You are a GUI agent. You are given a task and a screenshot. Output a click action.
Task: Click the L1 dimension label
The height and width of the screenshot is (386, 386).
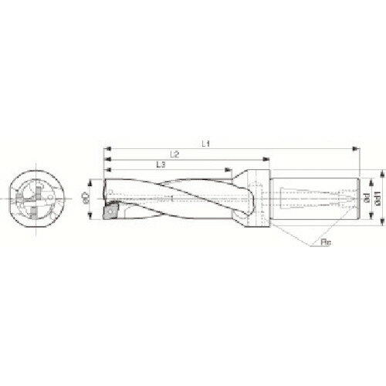click(205, 143)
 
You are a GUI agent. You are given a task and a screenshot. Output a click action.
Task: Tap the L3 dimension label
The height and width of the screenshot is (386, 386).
click(159, 164)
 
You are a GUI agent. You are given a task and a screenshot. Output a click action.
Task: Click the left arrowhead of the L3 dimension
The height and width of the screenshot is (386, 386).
click(107, 170)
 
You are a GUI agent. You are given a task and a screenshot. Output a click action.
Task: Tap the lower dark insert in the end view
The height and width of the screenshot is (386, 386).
click(36, 210)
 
